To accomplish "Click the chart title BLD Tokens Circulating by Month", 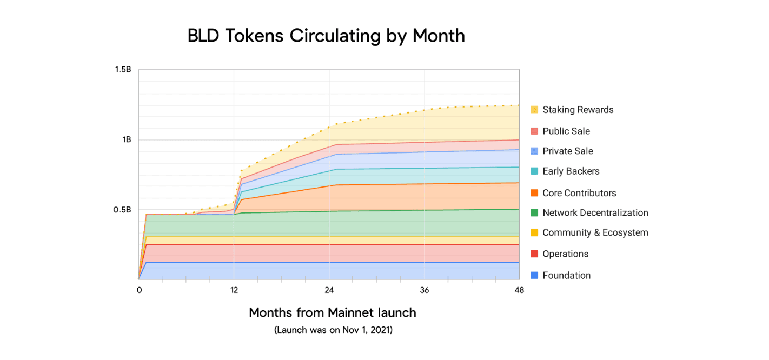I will pyautogui.click(x=326, y=36).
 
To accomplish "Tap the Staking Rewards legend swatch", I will pyautogui.click(x=535, y=110).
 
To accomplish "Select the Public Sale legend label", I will pyautogui.click(x=566, y=131).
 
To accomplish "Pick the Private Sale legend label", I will pyautogui.click(x=568, y=151).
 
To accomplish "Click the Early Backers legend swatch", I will pyautogui.click(x=535, y=171).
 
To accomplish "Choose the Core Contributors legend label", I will pyautogui.click(x=579, y=193).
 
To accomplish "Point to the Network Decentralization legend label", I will pyautogui.click(x=595, y=212).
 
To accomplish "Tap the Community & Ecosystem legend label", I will pyautogui.click(x=595, y=232).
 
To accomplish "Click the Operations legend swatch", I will pyautogui.click(x=535, y=254).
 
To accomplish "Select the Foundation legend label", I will pyautogui.click(x=566, y=275).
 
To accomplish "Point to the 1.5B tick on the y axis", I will pyautogui.click(x=123, y=70).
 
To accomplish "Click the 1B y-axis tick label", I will pyautogui.click(x=127, y=139).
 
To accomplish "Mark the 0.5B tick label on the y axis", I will pyautogui.click(x=123, y=210).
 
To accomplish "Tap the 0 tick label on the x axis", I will pyautogui.click(x=139, y=290).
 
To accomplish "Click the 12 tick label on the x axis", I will pyautogui.click(x=234, y=290).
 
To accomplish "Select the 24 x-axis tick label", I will pyautogui.click(x=329, y=290).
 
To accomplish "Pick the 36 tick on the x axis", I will pyautogui.click(x=425, y=290).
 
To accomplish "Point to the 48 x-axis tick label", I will pyautogui.click(x=519, y=290).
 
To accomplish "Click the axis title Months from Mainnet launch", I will pyautogui.click(x=333, y=312).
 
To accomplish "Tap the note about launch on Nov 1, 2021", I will pyautogui.click(x=333, y=330).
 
